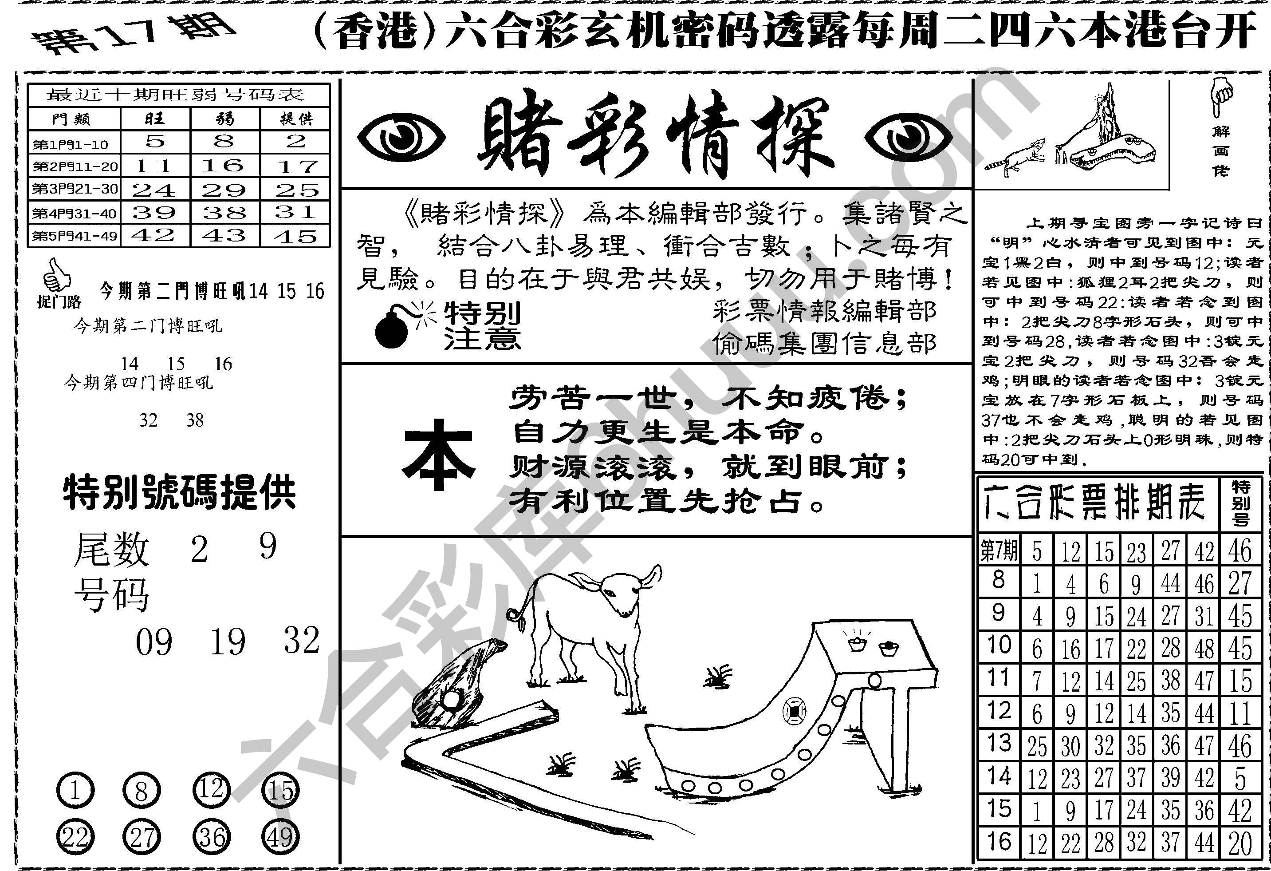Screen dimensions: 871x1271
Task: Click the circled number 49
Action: coord(280,838)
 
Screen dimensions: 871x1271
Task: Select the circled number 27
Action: coord(142,838)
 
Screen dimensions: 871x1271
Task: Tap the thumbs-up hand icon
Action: coord(56,276)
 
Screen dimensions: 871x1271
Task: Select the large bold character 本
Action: coord(437,455)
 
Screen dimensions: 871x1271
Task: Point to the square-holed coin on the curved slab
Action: coord(794,711)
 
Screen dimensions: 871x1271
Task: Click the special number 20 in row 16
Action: coord(1240,843)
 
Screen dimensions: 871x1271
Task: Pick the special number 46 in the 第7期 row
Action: coord(1240,550)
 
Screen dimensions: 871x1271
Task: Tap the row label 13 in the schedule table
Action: coord(999,744)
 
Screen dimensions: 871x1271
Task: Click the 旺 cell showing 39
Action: coord(154,212)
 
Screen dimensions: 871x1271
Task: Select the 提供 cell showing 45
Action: coord(296,236)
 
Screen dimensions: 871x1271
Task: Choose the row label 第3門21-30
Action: coord(75,189)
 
